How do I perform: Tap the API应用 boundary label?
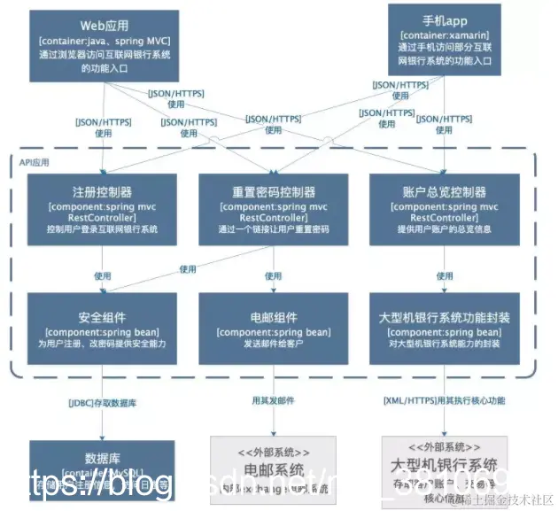[x=35, y=163]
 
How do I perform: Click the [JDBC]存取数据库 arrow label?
[x=104, y=403]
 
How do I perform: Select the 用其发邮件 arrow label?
[x=273, y=401]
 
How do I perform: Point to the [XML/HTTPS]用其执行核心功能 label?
[x=444, y=401]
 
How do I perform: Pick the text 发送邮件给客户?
[x=273, y=344]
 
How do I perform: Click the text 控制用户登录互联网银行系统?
[x=103, y=228]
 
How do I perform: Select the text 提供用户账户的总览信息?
[x=444, y=228]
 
